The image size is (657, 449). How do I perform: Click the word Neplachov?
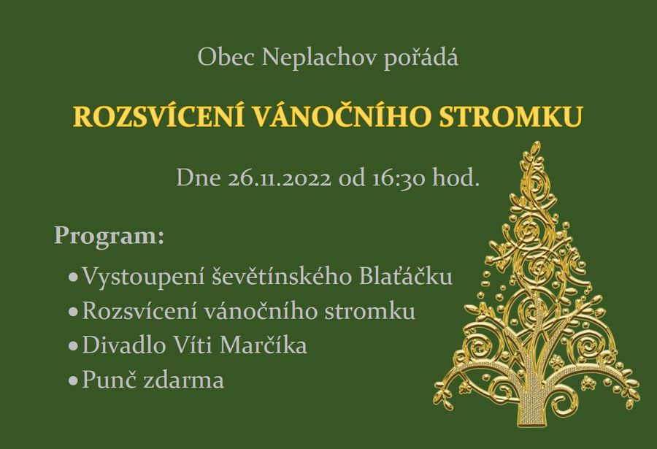[x=319, y=58]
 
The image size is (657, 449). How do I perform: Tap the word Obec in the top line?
[x=226, y=57]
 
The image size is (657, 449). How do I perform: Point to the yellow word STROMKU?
[x=510, y=117]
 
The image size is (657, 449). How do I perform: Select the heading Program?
[x=109, y=237]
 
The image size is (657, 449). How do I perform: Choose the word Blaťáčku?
[x=406, y=276]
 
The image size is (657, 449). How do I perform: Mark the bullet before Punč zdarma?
[x=73, y=381]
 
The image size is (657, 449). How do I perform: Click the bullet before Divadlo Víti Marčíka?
[x=73, y=347]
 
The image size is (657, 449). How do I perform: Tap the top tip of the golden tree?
[x=536, y=143]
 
